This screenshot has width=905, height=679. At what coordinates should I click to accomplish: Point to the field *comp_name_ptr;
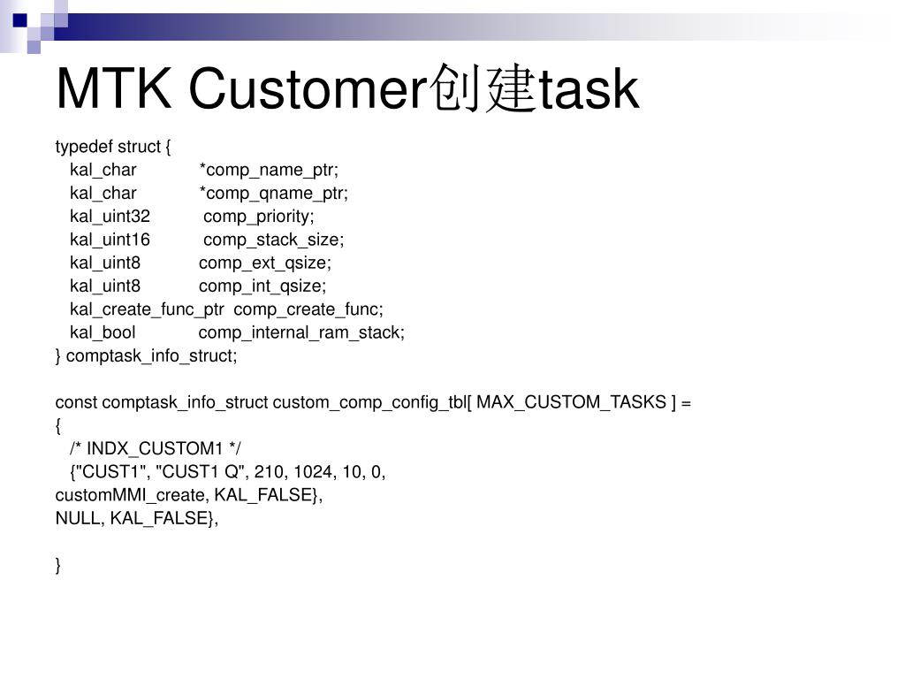[269, 170]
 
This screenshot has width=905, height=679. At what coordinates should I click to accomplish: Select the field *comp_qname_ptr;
[274, 193]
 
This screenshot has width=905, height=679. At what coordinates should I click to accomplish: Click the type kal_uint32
[110, 217]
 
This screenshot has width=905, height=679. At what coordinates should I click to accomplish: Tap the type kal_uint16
[110, 240]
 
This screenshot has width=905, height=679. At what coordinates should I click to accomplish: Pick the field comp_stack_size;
[274, 240]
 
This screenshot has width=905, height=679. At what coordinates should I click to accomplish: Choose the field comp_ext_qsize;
[265, 263]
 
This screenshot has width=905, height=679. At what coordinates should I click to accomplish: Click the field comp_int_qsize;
[262, 286]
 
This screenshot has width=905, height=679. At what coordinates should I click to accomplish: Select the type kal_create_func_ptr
[147, 309]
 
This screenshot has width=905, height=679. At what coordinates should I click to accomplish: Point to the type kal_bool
[103, 332]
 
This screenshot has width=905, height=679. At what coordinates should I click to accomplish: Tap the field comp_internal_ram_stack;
[301, 332]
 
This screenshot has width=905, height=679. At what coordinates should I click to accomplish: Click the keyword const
[76, 402]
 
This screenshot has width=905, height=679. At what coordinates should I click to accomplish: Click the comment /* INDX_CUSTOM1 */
[156, 448]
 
